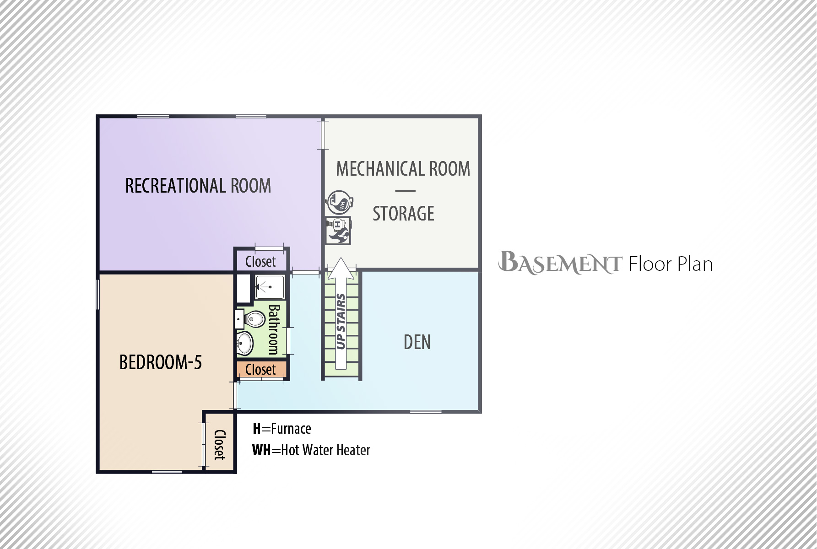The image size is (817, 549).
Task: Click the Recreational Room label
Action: point(198,186)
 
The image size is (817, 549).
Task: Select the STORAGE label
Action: point(403,214)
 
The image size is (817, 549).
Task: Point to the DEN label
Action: point(417,342)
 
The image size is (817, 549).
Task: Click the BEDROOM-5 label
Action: point(161,362)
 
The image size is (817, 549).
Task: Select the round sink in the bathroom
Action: point(245,343)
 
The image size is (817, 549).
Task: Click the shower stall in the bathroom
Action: point(270,287)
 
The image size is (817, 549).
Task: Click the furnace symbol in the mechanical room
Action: point(339,231)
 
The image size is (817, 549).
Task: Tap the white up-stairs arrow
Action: point(341,313)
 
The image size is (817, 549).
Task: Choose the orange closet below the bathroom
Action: point(261,370)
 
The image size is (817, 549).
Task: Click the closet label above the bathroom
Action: point(260,262)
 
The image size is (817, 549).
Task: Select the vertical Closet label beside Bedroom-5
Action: point(220,445)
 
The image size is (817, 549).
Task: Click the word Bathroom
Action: point(274,329)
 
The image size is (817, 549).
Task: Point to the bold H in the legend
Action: point(257,429)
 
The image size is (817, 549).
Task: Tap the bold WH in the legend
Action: point(261,450)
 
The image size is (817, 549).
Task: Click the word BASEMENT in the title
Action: point(560,263)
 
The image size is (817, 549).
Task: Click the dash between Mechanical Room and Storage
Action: point(405,191)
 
